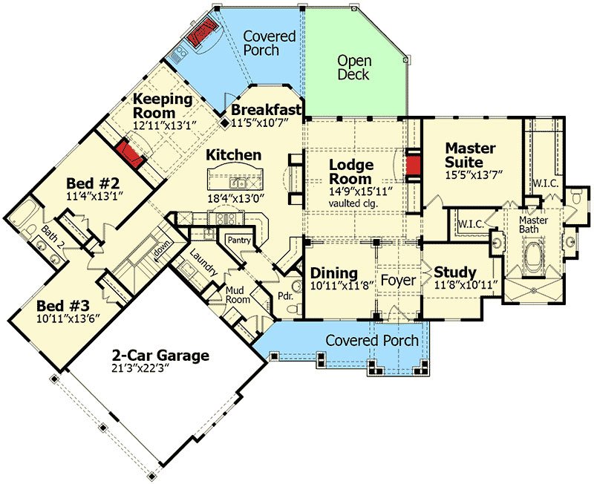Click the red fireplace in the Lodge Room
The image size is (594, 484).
413,165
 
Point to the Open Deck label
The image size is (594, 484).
354,68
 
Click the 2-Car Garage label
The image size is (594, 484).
160,356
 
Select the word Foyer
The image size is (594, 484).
398,281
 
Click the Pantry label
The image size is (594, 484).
239,240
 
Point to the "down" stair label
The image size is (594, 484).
163,252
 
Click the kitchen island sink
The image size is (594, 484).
238,183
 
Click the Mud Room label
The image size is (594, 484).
238,295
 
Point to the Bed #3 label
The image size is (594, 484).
63,305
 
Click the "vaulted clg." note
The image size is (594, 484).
353,203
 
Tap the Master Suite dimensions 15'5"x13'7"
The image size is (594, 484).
474,174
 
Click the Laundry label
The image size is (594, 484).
203,263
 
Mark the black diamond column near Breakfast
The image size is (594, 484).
225,122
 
